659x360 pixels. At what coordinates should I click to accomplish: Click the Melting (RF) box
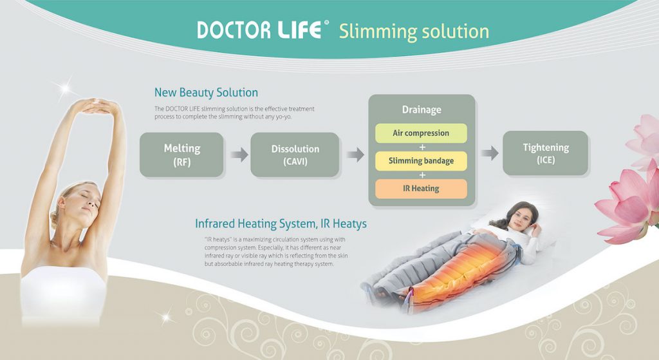tap(181, 155)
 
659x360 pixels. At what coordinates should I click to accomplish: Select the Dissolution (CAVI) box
tap(295, 155)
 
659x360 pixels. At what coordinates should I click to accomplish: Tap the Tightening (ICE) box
tap(546, 153)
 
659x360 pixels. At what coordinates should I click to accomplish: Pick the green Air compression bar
tap(421, 133)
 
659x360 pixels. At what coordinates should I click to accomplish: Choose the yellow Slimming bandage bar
tap(421, 160)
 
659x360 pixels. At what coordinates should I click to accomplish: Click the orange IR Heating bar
tap(421, 189)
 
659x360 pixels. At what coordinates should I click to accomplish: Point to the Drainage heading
tap(422, 109)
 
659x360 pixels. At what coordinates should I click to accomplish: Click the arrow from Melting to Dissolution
tap(239, 155)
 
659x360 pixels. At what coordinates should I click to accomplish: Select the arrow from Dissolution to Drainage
tap(355, 155)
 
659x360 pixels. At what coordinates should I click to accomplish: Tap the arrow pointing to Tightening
tap(490, 153)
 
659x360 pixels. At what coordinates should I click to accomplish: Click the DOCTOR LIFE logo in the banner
tap(263, 30)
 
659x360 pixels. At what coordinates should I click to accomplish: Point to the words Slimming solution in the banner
tap(414, 32)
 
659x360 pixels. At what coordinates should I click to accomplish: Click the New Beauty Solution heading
tap(206, 93)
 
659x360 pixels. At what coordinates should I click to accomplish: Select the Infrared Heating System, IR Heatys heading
tap(281, 223)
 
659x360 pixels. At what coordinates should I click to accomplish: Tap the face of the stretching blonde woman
tap(86, 202)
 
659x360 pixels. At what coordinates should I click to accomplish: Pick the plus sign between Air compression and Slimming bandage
tap(422, 147)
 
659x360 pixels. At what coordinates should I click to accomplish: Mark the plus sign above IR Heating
tap(422, 175)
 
